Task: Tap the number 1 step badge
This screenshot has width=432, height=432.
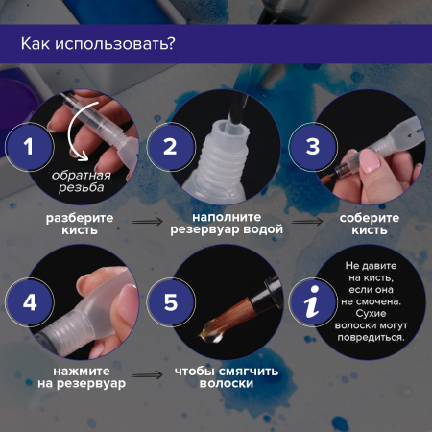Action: [x=28, y=148]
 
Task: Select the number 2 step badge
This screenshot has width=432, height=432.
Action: [x=170, y=148]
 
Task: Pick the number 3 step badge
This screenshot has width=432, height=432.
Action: [x=312, y=148]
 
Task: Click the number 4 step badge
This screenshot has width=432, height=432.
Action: [x=28, y=302]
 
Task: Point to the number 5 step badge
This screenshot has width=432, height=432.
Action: [x=170, y=302]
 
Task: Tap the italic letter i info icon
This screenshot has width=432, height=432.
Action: [x=312, y=302]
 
